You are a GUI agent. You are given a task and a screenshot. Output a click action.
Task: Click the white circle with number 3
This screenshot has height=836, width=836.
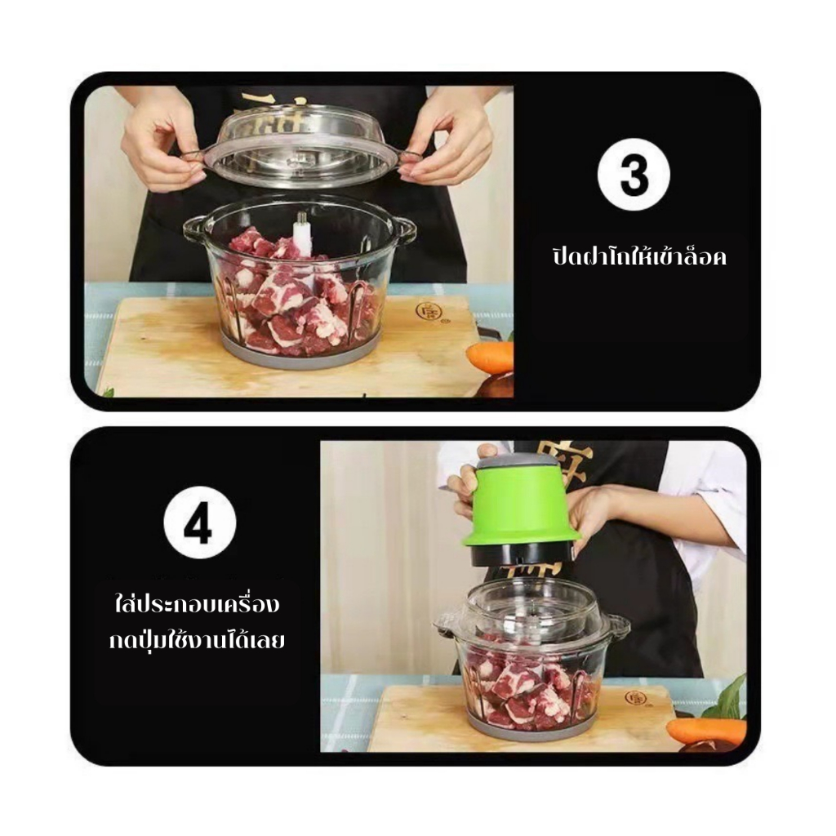[634, 175]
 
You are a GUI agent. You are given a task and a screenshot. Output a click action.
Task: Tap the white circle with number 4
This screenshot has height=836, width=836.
[199, 522]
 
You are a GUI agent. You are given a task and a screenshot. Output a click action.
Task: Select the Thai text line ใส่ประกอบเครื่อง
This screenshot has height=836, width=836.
[198, 605]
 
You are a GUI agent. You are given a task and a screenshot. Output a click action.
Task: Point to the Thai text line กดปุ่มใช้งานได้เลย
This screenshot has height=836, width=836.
[197, 640]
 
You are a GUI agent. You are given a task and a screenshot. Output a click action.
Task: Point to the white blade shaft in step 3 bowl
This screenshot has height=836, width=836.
[302, 235]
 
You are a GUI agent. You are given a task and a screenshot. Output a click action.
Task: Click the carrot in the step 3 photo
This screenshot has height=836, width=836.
[491, 358]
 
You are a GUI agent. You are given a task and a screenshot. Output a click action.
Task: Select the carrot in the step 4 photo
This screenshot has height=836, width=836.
[705, 731]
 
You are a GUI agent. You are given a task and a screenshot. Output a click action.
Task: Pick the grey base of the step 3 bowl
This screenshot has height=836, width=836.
[301, 353]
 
